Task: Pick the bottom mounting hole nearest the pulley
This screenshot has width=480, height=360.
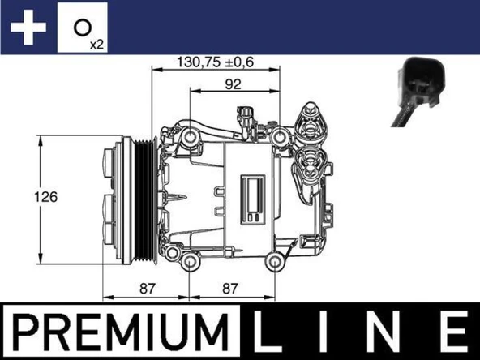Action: (190, 264)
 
